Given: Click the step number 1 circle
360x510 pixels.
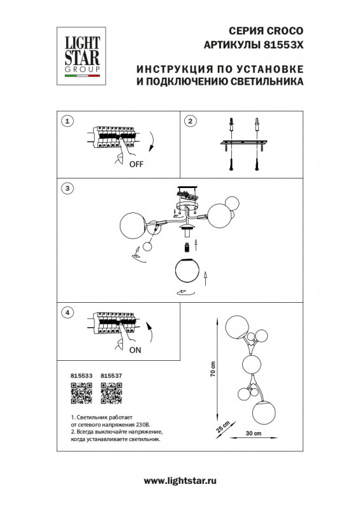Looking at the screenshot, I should coord(69,122).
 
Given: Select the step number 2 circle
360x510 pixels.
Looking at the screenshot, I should coord(189,122).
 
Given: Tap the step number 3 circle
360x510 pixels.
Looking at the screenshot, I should coord(69,188).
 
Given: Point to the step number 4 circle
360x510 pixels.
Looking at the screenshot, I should coord(69,312).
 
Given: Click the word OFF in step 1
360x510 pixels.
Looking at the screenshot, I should coord(136,163).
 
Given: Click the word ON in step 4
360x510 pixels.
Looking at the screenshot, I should coord(135,351).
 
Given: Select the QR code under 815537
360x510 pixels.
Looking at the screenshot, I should coord(112,395).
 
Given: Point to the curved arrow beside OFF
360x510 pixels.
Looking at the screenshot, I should coord(152,141).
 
